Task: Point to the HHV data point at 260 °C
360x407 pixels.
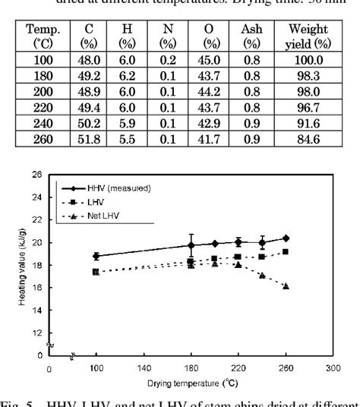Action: pyautogui.click(x=286, y=238)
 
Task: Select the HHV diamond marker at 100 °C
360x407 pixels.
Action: pyautogui.click(x=96, y=256)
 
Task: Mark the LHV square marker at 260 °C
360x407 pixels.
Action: pyautogui.click(x=286, y=251)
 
